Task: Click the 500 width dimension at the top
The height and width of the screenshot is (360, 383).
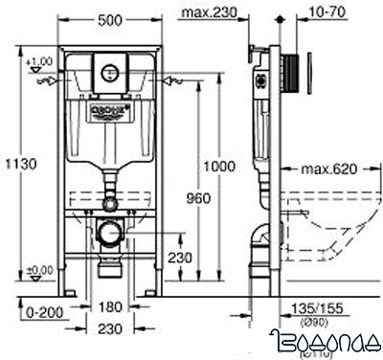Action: pos(109,18)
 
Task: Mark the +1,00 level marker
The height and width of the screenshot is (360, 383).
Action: pos(40,62)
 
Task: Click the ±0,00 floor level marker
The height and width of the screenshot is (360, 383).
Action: pos(40,272)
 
